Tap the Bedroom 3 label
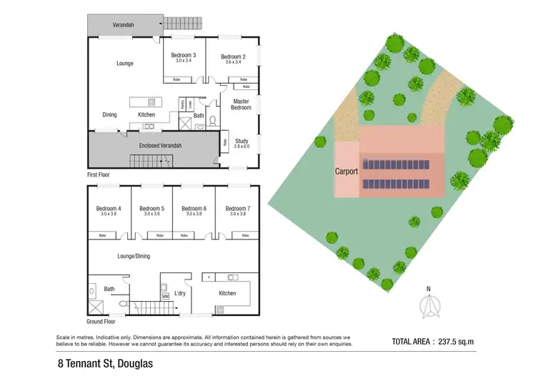pyautogui.click(x=184, y=56)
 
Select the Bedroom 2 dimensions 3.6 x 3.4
pyautogui.click(x=233, y=63)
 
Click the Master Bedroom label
pyautogui.click(x=242, y=104)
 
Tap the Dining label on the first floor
pyautogui.click(x=109, y=114)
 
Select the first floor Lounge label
pyautogui.click(x=125, y=64)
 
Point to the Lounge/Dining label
pyautogui.click(x=134, y=255)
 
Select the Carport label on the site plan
pyautogui.click(x=347, y=172)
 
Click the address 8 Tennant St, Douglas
pyautogui.click(x=106, y=363)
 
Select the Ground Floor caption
pyautogui.click(x=103, y=322)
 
